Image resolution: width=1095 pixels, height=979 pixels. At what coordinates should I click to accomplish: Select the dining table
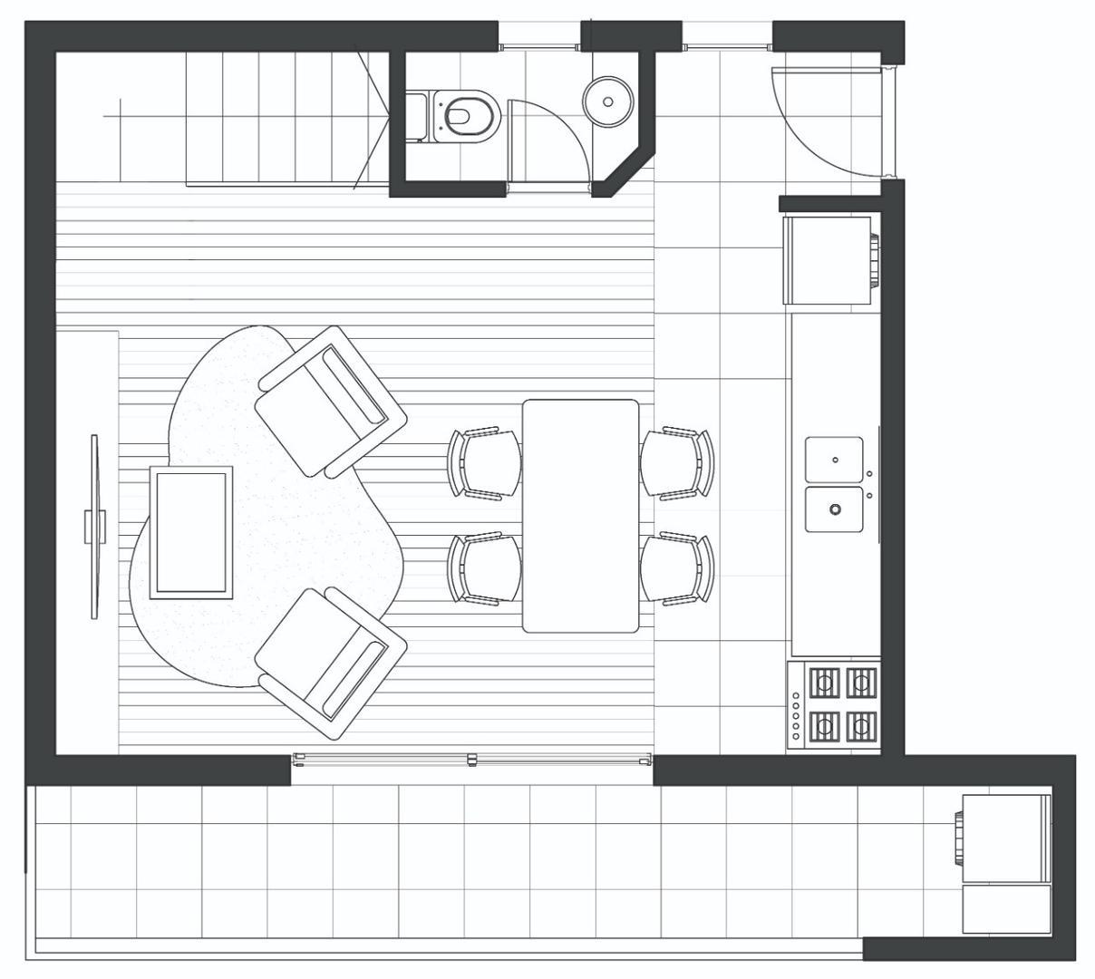pos(581,516)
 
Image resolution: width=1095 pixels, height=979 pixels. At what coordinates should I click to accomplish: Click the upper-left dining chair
pos(487,462)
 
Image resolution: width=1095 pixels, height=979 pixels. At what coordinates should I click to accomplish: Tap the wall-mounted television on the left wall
pos(94,527)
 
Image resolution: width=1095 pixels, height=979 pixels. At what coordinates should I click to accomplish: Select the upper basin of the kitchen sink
pos(835,460)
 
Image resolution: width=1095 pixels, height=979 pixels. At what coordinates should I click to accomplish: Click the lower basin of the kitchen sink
pos(835,509)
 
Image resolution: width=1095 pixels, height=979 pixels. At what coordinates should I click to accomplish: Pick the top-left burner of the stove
pos(824,682)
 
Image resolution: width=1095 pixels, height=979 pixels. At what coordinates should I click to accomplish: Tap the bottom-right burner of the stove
pos(861,724)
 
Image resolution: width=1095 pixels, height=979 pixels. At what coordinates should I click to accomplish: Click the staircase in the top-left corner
pos(272,118)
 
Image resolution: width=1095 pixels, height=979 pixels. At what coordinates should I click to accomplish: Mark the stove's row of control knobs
pos(796,716)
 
